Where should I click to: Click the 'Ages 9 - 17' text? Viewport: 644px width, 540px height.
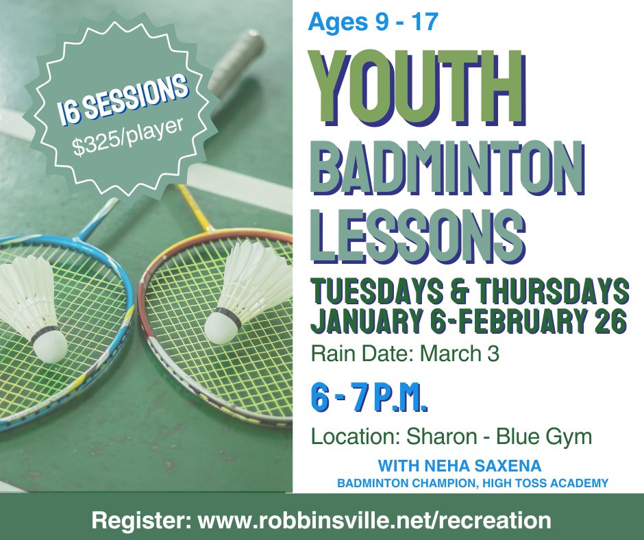(373, 22)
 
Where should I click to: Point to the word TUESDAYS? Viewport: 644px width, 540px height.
(377, 291)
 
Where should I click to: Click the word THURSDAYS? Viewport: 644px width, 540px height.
(552, 291)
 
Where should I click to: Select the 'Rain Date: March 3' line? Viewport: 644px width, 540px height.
(405, 354)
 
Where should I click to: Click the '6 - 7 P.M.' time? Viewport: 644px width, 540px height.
(369, 397)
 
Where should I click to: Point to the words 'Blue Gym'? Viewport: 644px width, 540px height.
(544, 437)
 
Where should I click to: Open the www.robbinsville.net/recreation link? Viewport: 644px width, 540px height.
(375, 520)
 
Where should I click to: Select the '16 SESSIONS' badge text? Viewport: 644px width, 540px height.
(122, 100)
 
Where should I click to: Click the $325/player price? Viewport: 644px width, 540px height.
(128, 138)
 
